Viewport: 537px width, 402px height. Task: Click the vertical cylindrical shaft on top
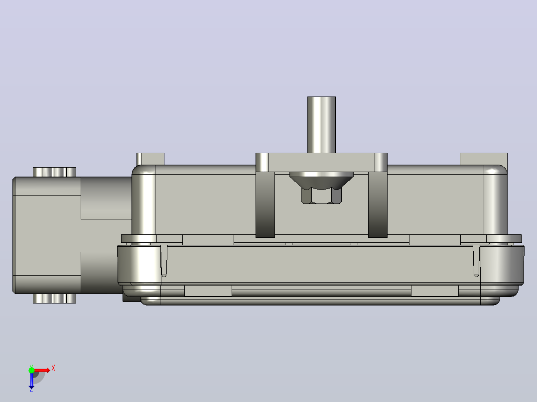[x=321, y=124]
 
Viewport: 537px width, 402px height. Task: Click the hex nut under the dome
[x=321, y=196]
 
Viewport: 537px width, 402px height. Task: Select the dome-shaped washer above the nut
[x=321, y=180]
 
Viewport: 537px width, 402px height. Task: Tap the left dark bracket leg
[x=265, y=204]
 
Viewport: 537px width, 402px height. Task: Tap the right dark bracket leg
[x=378, y=204]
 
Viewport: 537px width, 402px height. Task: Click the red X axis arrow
[x=42, y=370]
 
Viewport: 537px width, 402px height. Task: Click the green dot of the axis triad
[x=31, y=370]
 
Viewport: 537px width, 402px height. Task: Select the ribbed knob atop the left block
[x=54, y=172]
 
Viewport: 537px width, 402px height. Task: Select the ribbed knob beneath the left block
[x=54, y=299]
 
